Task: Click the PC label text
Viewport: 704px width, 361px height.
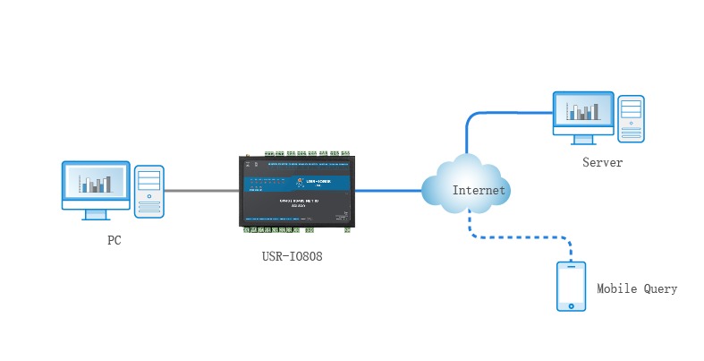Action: [x=114, y=240]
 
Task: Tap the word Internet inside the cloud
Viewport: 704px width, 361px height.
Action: [x=479, y=190]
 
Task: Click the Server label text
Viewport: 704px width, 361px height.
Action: [x=602, y=163]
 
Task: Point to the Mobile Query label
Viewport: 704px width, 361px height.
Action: [x=637, y=289]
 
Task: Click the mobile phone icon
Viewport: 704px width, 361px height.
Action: [x=571, y=286]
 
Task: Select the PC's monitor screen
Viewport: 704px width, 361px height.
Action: [x=95, y=184]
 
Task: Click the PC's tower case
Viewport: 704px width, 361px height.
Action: [x=149, y=191]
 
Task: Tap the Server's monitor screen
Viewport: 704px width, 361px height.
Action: [x=583, y=111]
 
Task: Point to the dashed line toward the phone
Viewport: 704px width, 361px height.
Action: [x=519, y=238]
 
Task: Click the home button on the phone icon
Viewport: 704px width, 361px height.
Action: [x=571, y=305]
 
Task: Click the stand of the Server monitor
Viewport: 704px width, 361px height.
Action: [x=583, y=139]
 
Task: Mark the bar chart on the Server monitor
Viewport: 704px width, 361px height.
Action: [x=585, y=111]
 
